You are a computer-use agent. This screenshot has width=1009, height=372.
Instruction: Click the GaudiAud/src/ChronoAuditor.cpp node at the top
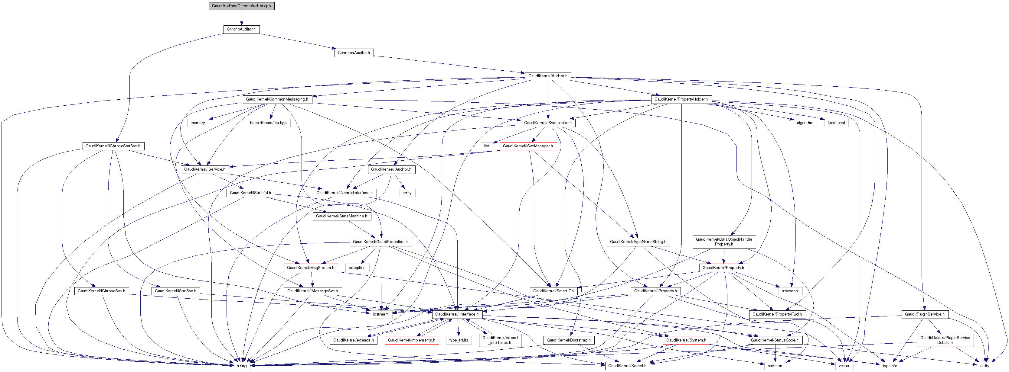241,6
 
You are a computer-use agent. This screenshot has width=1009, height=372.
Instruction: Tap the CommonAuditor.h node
354,53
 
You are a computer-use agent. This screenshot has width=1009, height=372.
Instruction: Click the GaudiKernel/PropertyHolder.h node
681,99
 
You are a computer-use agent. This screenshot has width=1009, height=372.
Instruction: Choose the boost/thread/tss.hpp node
268,123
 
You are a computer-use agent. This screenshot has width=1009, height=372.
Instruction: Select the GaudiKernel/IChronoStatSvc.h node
113,146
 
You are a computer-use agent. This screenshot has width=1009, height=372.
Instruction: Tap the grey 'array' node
407,193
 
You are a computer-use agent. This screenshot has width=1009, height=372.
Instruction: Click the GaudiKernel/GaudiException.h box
380,242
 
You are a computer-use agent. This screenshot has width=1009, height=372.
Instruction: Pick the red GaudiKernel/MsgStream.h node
310,268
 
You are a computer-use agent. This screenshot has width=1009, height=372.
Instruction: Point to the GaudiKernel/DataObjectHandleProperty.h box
724,242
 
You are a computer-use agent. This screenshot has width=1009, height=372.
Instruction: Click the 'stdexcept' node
790,291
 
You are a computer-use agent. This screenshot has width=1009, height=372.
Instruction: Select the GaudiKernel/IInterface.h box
456,314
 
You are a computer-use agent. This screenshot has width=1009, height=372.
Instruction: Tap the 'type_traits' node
459,340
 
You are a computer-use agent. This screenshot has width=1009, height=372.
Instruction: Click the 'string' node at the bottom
242,366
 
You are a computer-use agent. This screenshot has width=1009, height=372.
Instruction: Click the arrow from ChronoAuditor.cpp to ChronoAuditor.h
241,18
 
